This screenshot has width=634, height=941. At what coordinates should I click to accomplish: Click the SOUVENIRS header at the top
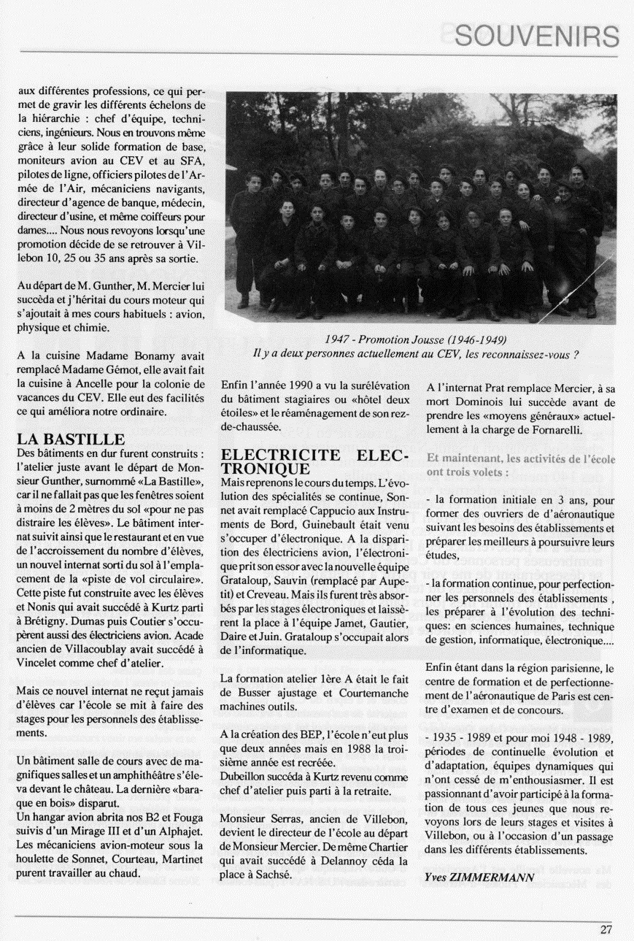[536, 35]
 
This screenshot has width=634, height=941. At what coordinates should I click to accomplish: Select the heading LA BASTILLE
[71, 439]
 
